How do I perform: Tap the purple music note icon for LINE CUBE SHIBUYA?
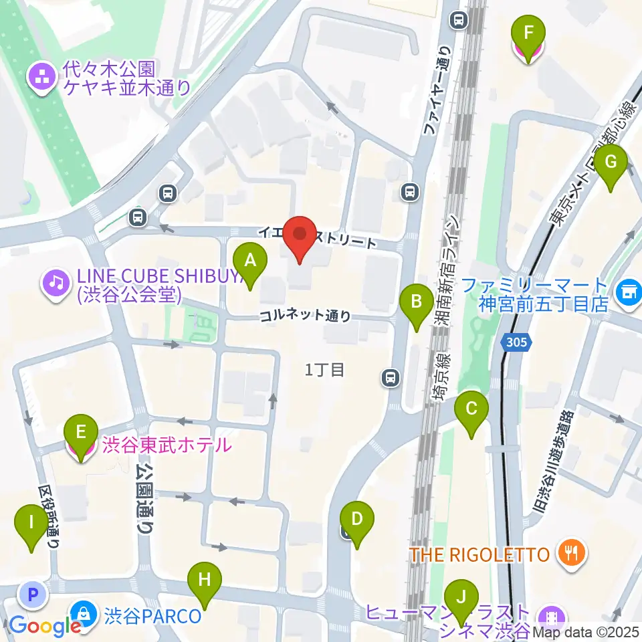point(56,284)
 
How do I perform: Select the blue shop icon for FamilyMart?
point(628,291)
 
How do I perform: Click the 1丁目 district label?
point(324,369)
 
